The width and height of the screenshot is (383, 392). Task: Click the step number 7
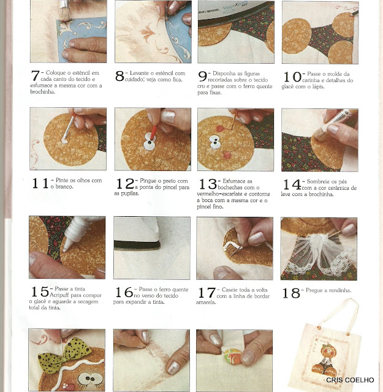click(x=36, y=76)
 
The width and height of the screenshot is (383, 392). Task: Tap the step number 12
click(x=125, y=183)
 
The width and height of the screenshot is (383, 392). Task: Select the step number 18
click(x=291, y=293)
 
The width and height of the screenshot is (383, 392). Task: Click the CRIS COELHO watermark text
click(x=350, y=380)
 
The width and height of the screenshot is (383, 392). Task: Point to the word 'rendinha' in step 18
click(x=340, y=290)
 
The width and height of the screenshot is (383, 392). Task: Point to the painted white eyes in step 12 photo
click(x=150, y=141)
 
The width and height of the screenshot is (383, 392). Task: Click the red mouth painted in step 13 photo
click(x=226, y=155)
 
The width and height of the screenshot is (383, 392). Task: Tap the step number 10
click(x=292, y=77)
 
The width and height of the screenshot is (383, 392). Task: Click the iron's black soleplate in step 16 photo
click(x=137, y=244)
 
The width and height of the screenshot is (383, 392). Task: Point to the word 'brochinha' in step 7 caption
click(x=42, y=92)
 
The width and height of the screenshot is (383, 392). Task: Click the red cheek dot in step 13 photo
click(x=220, y=129)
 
